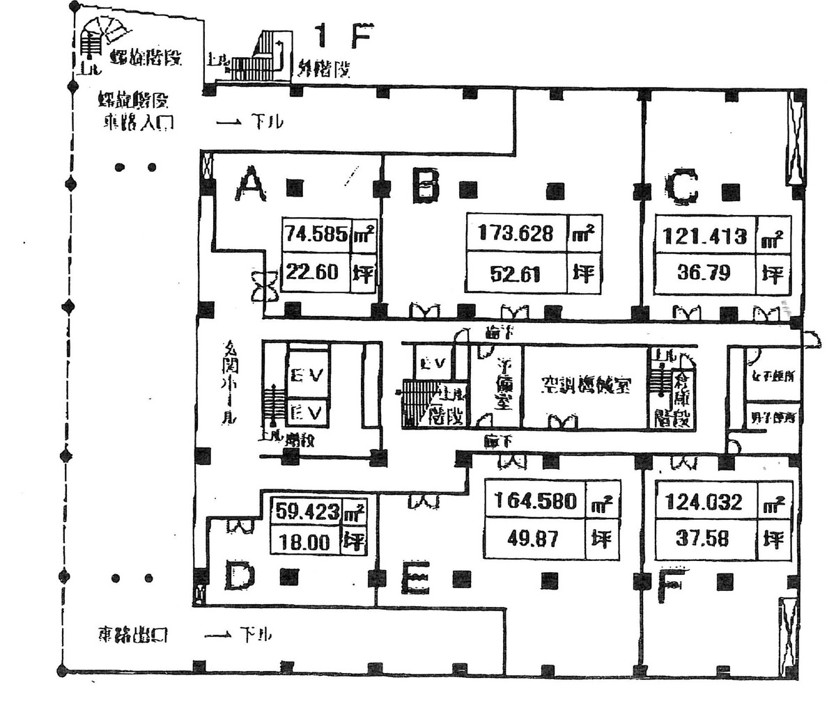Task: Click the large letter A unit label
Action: (251, 186)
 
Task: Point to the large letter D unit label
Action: (240, 576)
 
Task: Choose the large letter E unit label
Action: (417, 578)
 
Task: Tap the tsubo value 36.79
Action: (704, 272)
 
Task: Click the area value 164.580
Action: (535, 500)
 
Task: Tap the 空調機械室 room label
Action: (585, 386)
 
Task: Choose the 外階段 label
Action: (323, 69)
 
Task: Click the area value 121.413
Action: (701, 236)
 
